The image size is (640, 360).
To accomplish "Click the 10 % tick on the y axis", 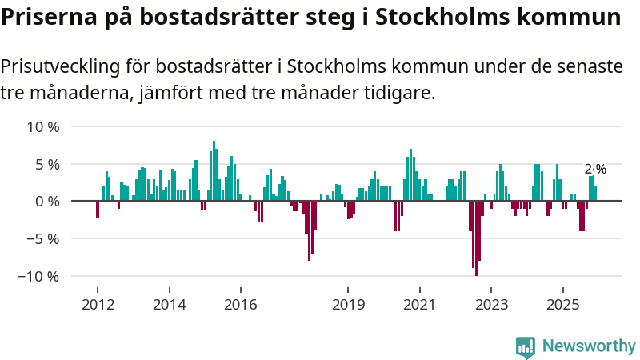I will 42,126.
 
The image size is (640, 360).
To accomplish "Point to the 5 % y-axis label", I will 46,164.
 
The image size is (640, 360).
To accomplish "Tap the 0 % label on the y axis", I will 46,201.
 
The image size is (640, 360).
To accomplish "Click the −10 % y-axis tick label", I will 39,276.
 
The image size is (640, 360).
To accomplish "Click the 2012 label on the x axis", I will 98,305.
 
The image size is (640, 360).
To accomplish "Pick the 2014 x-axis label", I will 169,305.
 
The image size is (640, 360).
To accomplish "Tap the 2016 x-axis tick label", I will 241,305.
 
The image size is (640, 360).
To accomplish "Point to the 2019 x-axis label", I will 348,305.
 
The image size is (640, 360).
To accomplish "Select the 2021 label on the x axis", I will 419,305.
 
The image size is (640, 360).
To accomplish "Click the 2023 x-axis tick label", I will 491,305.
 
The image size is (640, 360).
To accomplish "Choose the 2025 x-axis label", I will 562,305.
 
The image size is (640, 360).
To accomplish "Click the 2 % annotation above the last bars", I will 595,169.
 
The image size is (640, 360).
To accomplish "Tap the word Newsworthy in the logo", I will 589,346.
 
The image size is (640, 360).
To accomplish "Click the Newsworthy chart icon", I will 526,346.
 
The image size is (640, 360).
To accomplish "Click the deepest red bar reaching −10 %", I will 476,238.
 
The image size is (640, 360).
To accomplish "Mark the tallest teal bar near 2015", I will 214,170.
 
